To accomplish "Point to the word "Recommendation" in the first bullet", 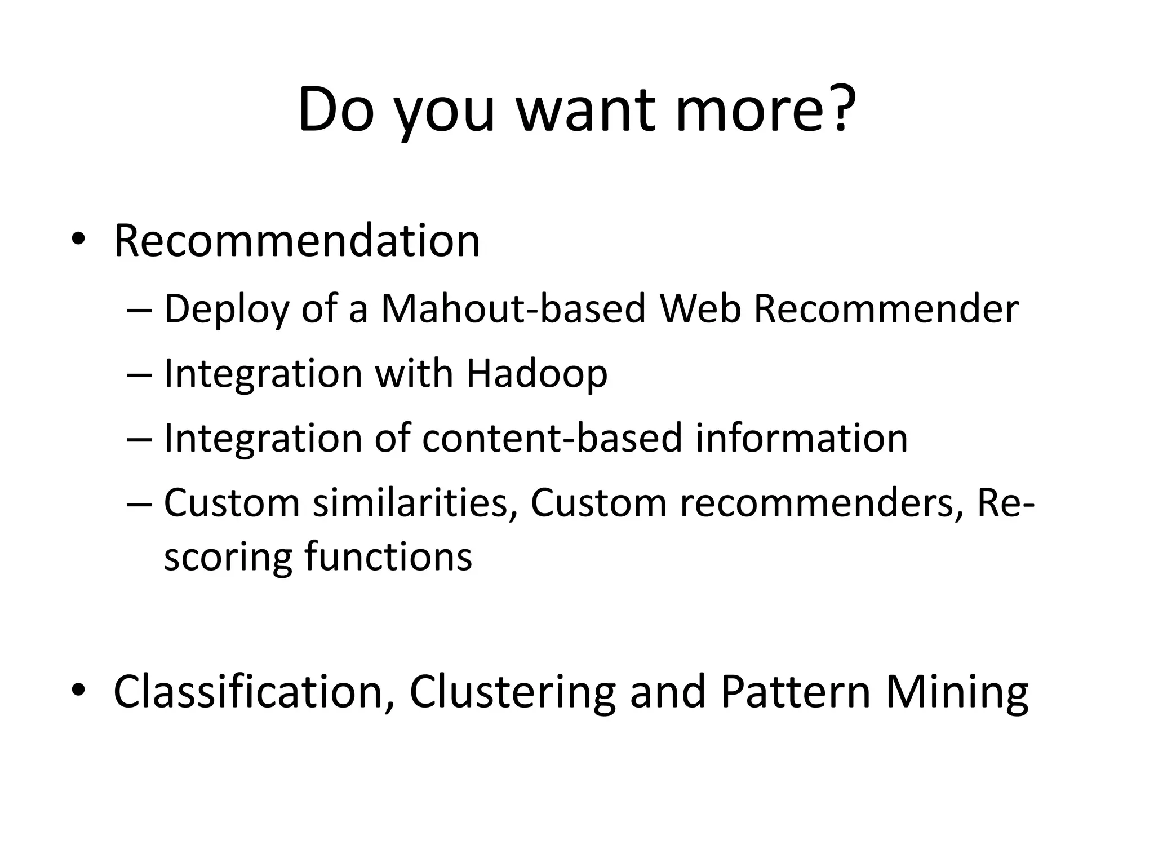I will [297, 241].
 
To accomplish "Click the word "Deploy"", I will [225, 310].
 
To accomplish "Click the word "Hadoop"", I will [537, 374].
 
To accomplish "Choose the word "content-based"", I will [552, 438].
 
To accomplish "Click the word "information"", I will [801, 438].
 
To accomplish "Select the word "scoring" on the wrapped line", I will [228, 558].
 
